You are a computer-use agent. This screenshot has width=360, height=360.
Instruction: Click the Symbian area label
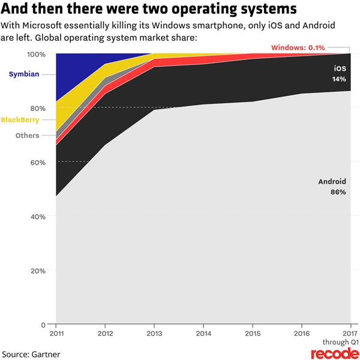pos(23,74)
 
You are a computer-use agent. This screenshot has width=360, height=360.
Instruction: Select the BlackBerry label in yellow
pos(20,119)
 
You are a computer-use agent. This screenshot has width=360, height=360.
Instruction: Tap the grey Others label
pos(27,136)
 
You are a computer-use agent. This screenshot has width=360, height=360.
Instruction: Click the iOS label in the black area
pos(339,69)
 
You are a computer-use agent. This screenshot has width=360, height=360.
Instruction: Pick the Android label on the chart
pos(332,182)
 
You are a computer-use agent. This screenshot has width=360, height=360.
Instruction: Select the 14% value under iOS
pos(339,79)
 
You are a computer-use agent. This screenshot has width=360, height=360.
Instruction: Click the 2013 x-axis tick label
pos(154,332)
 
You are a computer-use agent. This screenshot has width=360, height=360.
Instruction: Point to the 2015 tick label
pos(253,332)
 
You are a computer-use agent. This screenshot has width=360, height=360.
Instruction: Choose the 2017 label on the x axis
pos(350,332)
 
